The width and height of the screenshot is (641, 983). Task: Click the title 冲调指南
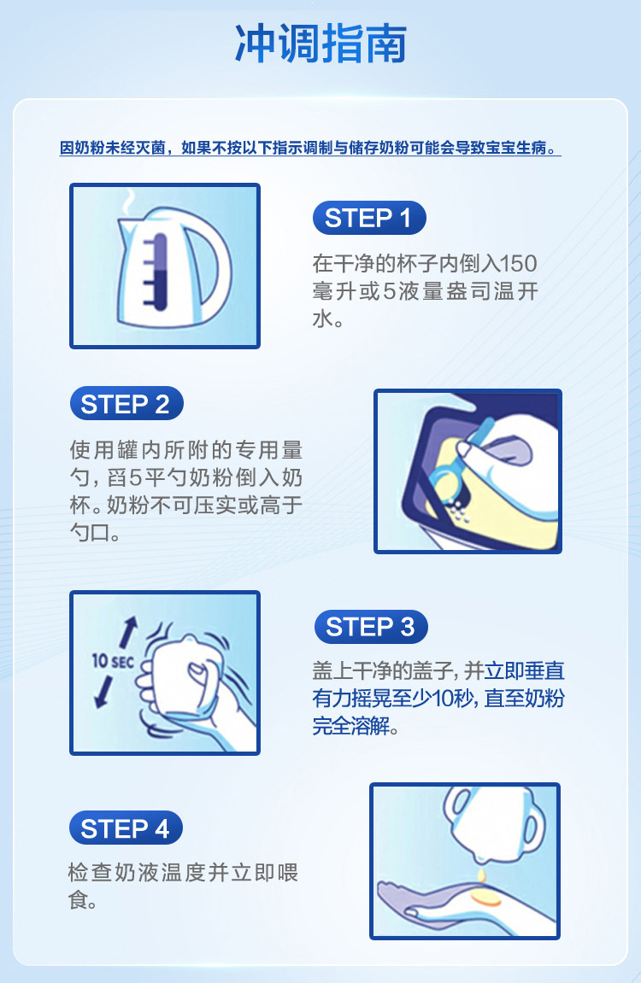pyautogui.click(x=320, y=44)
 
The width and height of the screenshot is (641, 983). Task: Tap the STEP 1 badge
pyautogui.click(x=369, y=218)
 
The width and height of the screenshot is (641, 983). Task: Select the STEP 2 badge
pyautogui.click(x=126, y=404)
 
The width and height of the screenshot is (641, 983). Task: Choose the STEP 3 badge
pyautogui.click(x=371, y=626)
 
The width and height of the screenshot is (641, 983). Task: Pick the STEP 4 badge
pyautogui.click(x=126, y=828)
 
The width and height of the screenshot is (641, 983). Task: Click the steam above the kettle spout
pyautogui.click(x=128, y=202)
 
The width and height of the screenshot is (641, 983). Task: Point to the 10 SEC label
pyautogui.click(x=113, y=661)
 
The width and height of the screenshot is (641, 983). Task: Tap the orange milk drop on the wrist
pyautogui.click(x=485, y=898)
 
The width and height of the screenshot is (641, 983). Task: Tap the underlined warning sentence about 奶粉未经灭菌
pyautogui.click(x=310, y=148)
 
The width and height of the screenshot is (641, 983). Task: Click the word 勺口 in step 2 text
pyautogui.click(x=89, y=533)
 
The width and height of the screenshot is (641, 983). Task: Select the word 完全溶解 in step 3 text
pyautogui.click(x=351, y=726)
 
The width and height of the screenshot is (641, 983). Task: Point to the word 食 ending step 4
pyautogui.click(x=78, y=900)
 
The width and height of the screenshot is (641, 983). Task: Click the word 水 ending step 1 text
pyautogui.click(x=322, y=319)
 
